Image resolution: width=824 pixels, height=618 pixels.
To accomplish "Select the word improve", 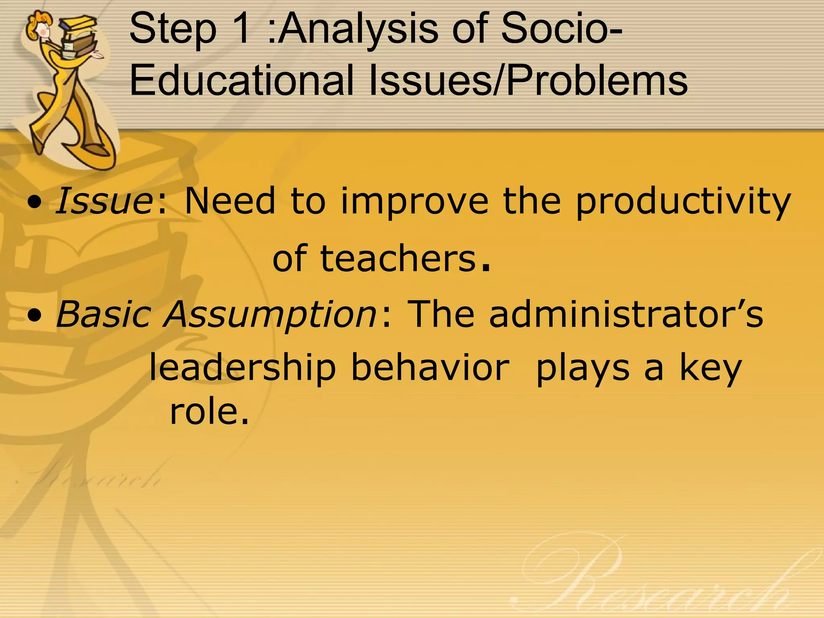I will point(414,201).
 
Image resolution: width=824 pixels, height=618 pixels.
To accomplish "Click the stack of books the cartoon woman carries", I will point(80,36).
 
